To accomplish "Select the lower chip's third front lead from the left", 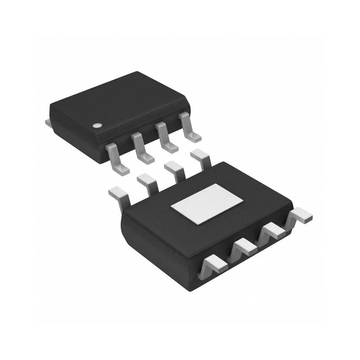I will (272, 232).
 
